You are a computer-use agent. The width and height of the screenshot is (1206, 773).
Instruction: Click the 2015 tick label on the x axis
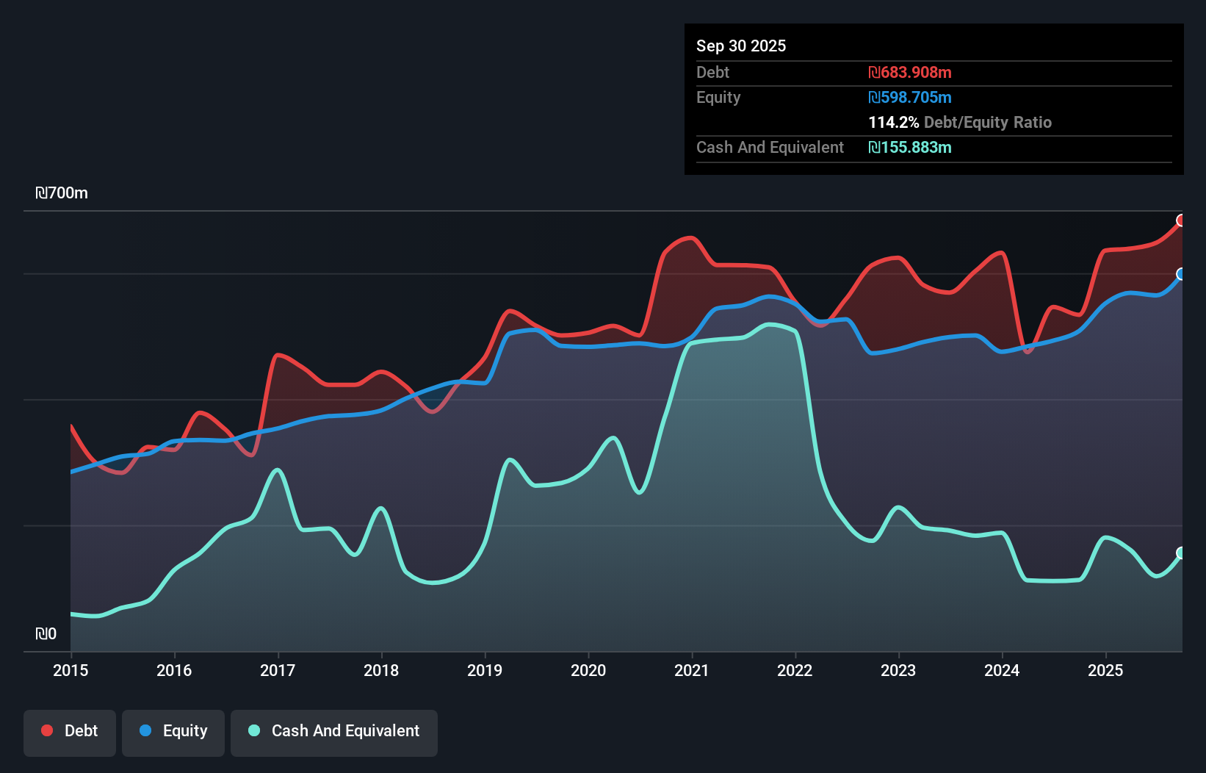tap(71, 670)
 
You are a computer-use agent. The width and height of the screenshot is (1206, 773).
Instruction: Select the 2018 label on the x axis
tap(381, 670)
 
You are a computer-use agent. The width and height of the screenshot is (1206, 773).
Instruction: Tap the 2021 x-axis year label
tap(692, 670)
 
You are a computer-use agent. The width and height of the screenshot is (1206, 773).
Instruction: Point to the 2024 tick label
tap(1002, 670)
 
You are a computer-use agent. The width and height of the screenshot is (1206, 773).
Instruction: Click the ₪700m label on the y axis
tap(62, 193)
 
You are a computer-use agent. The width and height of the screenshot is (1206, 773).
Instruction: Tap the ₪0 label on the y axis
tap(46, 633)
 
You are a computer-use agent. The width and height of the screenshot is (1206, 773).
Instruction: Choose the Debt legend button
tap(70, 731)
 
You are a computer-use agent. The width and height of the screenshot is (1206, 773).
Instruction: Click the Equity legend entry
tap(173, 731)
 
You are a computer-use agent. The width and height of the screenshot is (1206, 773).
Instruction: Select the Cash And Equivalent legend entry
tap(334, 731)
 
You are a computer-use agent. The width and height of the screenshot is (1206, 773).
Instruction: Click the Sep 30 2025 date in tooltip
tap(740, 46)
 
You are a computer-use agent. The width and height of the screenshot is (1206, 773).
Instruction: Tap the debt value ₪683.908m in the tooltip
tap(909, 72)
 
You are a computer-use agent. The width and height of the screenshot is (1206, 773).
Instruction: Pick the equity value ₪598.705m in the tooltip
tap(909, 97)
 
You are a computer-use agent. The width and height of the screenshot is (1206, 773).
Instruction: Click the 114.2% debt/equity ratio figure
tap(893, 122)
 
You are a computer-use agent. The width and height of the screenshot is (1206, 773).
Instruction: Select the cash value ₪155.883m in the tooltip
tap(909, 147)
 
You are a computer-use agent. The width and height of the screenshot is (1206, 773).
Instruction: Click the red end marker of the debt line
tap(1181, 220)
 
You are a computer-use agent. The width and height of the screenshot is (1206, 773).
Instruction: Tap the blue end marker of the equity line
tap(1181, 274)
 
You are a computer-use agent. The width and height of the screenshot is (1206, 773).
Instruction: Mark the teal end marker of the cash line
tap(1181, 553)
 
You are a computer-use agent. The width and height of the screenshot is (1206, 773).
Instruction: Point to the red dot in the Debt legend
tap(47, 730)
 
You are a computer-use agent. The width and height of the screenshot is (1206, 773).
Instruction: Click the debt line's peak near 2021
tap(690, 237)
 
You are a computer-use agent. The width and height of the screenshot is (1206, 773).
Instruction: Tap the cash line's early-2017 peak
tap(278, 469)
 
